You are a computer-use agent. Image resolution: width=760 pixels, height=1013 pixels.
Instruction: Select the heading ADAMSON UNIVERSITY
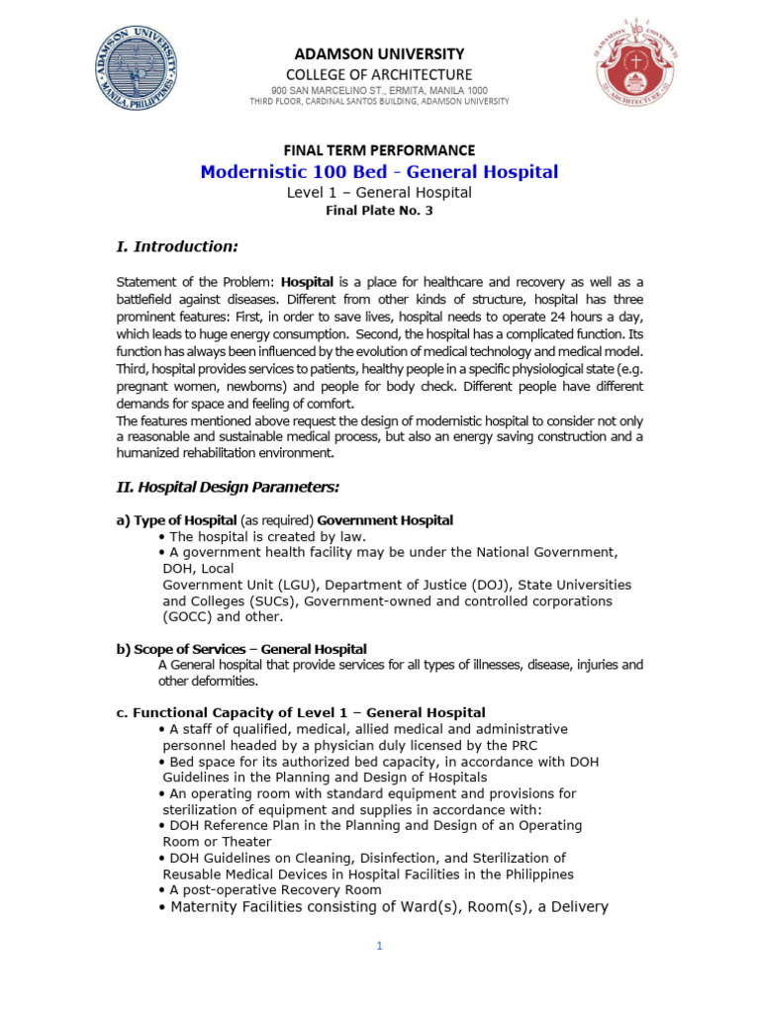pyautogui.click(x=379, y=53)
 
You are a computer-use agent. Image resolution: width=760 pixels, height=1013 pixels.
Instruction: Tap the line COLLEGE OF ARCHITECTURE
pyautogui.click(x=379, y=74)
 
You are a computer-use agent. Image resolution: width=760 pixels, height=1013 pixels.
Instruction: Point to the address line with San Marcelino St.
pyautogui.click(x=379, y=90)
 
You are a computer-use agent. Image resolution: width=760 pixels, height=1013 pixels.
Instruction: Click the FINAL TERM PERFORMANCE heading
pyautogui.click(x=379, y=150)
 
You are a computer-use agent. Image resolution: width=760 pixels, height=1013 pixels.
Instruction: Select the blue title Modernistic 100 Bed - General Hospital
pyautogui.click(x=379, y=172)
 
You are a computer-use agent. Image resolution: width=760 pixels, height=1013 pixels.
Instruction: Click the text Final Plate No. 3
pyautogui.click(x=379, y=211)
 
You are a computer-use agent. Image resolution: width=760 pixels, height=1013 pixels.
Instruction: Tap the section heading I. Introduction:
pyautogui.click(x=177, y=246)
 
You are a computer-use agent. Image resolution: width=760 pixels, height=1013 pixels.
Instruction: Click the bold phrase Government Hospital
pyautogui.click(x=385, y=520)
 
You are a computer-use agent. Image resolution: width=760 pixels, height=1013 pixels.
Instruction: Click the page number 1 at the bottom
pyautogui.click(x=379, y=946)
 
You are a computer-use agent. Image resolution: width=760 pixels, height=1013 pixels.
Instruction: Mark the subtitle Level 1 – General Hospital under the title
pyautogui.click(x=379, y=193)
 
